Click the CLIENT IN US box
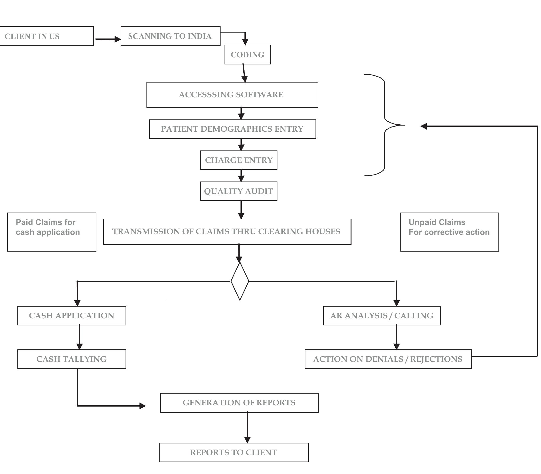(46, 36)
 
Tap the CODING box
(247, 55)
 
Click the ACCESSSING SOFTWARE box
(232, 95)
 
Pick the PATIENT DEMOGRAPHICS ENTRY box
(232, 129)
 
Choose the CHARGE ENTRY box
(238, 160)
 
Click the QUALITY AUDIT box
(238, 191)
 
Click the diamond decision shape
(239, 281)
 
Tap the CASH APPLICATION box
(71, 316)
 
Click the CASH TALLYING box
(71, 359)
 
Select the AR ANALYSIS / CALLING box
(382, 316)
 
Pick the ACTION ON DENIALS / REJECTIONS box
(388, 359)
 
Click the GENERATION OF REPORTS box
(239, 403)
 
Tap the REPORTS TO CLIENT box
(234, 453)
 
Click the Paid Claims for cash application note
(51, 232)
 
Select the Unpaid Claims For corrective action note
(449, 232)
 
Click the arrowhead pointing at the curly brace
(423, 126)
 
